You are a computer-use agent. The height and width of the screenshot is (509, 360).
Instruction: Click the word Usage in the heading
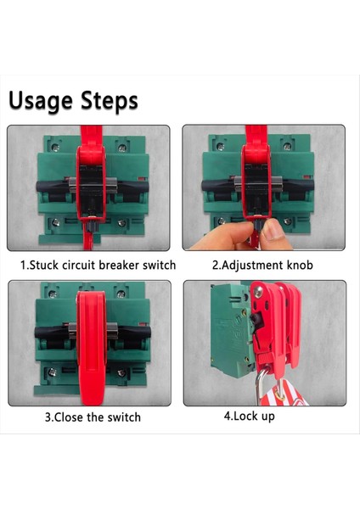(x=40, y=101)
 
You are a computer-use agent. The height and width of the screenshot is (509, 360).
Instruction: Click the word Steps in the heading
(x=110, y=101)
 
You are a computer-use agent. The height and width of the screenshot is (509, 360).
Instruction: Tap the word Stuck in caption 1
(x=44, y=266)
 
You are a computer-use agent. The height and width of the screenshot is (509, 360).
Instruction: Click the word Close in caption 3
(x=69, y=417)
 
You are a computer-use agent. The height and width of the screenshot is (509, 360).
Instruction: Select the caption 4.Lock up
(x=250, y=417)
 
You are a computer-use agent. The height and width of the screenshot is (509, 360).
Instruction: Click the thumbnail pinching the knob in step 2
(x=273, y=230)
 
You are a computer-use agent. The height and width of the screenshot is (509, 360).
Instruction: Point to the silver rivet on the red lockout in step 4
(x=258, y=292)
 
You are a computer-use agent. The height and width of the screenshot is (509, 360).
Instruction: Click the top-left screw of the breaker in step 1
(x=54, y=148)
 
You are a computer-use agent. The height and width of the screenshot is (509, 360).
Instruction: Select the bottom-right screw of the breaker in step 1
(x=122, y=223)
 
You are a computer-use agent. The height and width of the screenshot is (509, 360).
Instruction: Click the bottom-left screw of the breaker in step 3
(x=52, y=372)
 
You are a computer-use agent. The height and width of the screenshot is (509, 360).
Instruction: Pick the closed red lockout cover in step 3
(x=92, y=347)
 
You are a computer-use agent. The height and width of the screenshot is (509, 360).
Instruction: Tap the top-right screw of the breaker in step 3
(x=121, y=294)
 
